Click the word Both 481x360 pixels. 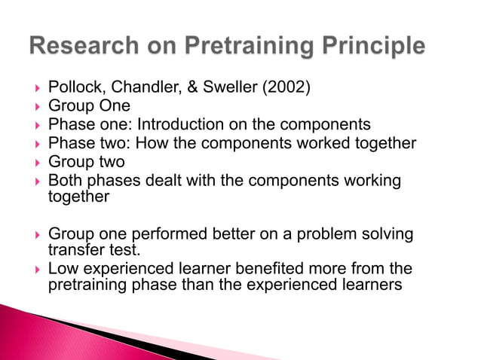[64, 180]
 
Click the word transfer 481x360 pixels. [71, 249]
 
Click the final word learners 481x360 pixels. [375, 285]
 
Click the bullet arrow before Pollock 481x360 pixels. [32, 89]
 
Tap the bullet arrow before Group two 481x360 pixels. [32, 162]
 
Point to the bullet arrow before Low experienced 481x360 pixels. [32, 269]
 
